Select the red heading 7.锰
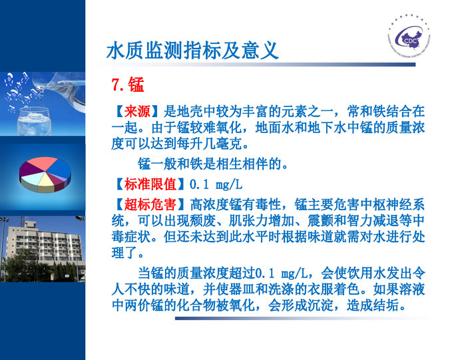click(x=128, y=85)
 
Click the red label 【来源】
click(x=137, y=110)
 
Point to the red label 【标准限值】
click(x=150, y=183)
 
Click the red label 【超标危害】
click(x=150, y=203)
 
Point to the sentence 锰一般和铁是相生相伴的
click(x=213, y=163)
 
